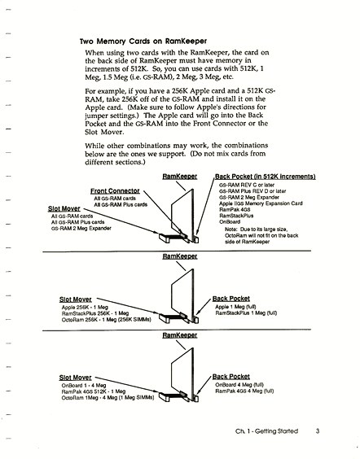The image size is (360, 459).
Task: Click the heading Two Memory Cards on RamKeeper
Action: click(x=143, y=42)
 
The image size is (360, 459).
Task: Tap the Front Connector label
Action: click(x=115, y=191)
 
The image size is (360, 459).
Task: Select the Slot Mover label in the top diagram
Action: click(x=64, y=208)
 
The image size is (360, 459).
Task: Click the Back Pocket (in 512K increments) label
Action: click(x=266, y=177)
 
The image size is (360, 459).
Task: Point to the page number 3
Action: click(x=318, y=431)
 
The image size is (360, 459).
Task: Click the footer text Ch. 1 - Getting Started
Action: click(x=266, y=431)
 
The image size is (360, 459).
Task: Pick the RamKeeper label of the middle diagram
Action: click(x=180, y=256)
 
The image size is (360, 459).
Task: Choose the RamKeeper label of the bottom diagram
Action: click(x=180, y=335)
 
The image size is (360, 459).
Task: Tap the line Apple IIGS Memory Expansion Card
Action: click(x=261, y=203)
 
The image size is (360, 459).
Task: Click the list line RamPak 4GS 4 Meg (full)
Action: click(x=244, y=391)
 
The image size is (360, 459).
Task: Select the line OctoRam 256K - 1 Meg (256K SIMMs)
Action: click(x=107, y=320)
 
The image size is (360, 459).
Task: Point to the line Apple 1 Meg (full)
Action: click(x=235, y=307)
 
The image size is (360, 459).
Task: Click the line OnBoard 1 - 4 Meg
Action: click(x=84, y=386)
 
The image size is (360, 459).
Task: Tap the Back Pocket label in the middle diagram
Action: click(x=231, y=299)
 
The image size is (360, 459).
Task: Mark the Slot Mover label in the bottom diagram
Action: click(x=75, y=378)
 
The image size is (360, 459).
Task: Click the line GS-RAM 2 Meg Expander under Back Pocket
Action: click(x=249, y=197)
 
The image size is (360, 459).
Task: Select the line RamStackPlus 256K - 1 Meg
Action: click(x=95, y=313)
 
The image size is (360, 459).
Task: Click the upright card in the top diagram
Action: click(x=182, y=215)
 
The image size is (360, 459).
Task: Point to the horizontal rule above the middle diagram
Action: click(x=177, y=251)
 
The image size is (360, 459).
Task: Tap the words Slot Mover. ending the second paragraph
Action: click(x=104, y=132)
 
